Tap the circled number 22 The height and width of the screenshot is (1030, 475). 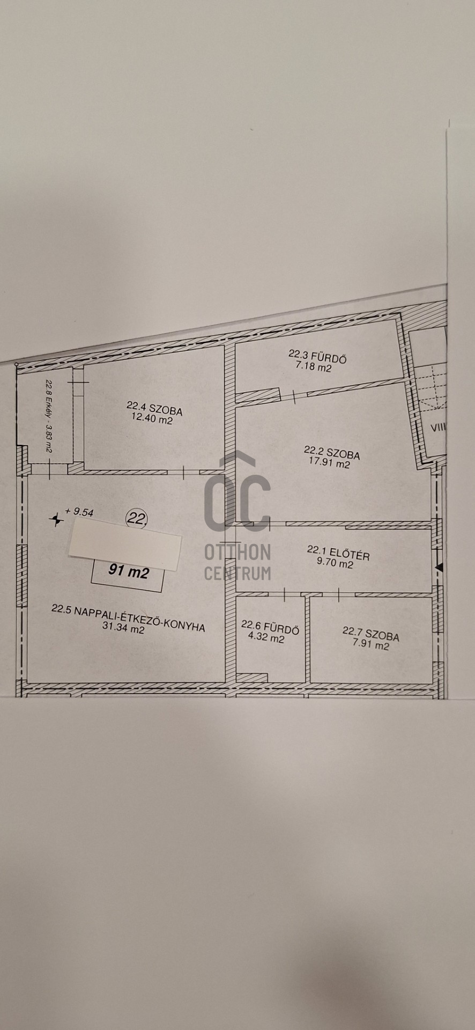[x=137, y=519]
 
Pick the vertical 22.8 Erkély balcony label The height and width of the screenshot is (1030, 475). [x=48, y=417]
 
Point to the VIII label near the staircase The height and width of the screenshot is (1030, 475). [x=439, y=428]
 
